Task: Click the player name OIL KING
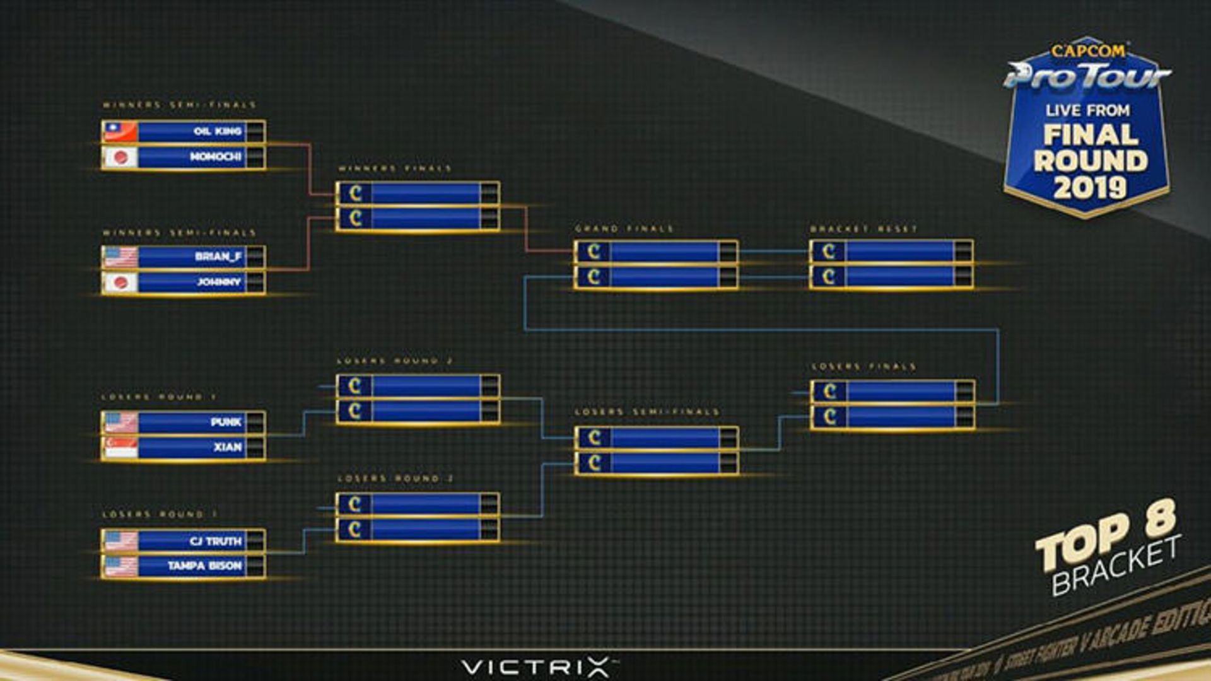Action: click(x=218, y=131)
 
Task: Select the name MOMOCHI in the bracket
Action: click(x=216, y=156)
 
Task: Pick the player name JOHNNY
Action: click(x=219, y=282)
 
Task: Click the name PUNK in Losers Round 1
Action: click(x=226, y=422)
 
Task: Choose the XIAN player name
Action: click(x=227, y=447)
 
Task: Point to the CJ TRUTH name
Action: click(x=215, y=541)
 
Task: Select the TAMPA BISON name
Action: click(x=204, y=566)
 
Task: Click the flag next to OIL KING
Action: click(x=120, y=132)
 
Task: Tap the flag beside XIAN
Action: click(x=120, y=447)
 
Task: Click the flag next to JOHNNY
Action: click(x=120, y=282)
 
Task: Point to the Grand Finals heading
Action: click(x=624, y=228)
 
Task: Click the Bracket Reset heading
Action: click(x=863, y=228)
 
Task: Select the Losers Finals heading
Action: click(x=863, y=366)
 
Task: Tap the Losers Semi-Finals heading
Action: click(x=646, y=412)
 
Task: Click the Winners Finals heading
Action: click(x=395, y=168)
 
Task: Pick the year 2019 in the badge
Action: click(x=1089, y=187)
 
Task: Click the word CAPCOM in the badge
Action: click(x=1087, y=50)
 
